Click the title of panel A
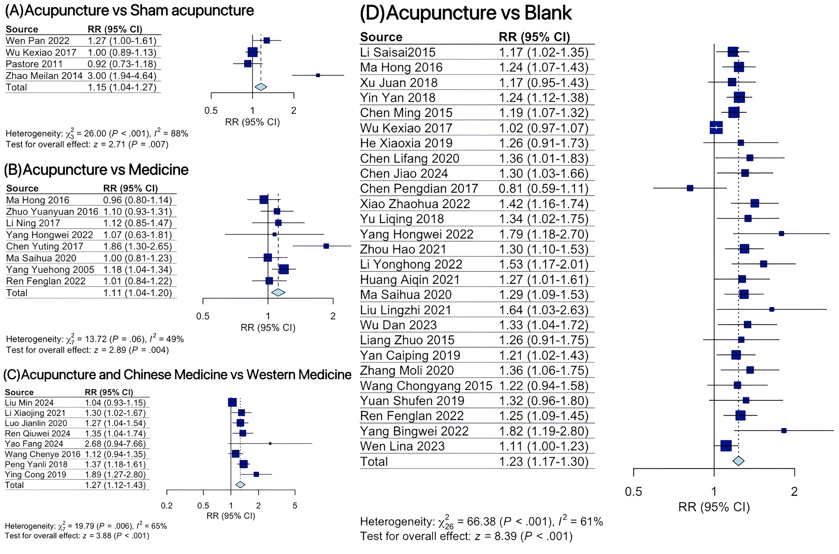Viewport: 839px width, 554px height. (129, 11)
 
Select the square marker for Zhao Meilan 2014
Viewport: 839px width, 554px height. (318, 75)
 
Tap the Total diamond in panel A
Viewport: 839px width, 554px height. (260, 87)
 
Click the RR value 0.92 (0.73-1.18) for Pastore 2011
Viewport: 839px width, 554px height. (121, 64)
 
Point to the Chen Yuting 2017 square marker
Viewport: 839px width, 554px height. (326, 246)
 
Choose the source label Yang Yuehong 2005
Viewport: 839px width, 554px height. (50, 270)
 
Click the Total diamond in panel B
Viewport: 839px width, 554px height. (278, 292)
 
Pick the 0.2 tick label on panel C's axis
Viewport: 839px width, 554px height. (166, 506)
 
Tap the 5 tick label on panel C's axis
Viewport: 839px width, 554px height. (295, 506)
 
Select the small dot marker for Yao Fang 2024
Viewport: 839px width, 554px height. (270, 443)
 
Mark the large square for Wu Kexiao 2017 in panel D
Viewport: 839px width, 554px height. (716, 127)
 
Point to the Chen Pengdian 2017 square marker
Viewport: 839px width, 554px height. (690, 188)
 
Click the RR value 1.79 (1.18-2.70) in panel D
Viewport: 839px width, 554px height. (543, 234)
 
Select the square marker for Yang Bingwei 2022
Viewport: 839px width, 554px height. (784, 431)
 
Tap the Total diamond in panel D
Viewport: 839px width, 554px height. (738, 461)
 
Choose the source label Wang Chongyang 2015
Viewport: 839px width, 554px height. (426, 386)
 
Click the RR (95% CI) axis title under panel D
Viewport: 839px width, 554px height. (714, 507)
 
